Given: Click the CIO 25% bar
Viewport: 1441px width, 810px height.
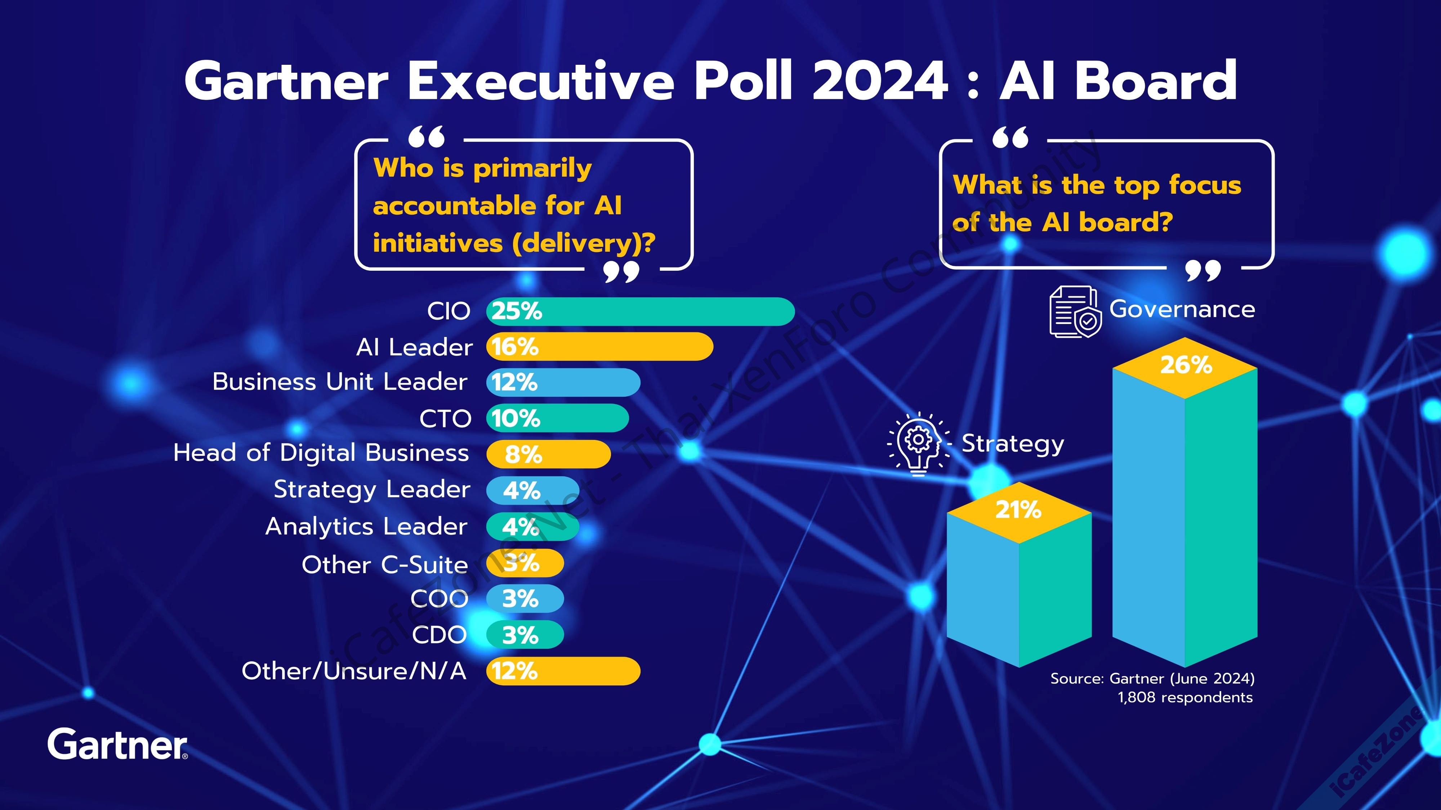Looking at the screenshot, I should coord(641,311).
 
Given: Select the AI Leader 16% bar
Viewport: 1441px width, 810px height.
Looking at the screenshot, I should coord(600,347).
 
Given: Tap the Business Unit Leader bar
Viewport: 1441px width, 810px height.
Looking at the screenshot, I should coord(563,382).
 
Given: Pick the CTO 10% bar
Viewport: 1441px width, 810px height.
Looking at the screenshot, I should coord(557,418).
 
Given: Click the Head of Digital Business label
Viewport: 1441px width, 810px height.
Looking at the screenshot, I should coord(321,453).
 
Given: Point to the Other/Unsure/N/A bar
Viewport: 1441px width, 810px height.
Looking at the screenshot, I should coord(563,671).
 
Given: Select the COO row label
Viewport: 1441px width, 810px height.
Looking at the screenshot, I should coord(439,599).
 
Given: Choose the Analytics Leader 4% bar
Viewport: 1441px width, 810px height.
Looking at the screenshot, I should coord(532,527).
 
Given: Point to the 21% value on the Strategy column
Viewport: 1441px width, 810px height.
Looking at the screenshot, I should coord(1018,510).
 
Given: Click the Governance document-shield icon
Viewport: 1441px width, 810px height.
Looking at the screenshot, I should coord(1075,311).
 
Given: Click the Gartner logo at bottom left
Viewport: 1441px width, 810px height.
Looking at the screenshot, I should coord(117,744).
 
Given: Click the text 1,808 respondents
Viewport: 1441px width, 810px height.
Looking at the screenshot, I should coord(1185,698).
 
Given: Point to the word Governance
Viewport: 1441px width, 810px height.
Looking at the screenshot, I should coord(1182,309).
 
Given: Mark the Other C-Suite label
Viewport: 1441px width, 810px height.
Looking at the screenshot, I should coord(384,564).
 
